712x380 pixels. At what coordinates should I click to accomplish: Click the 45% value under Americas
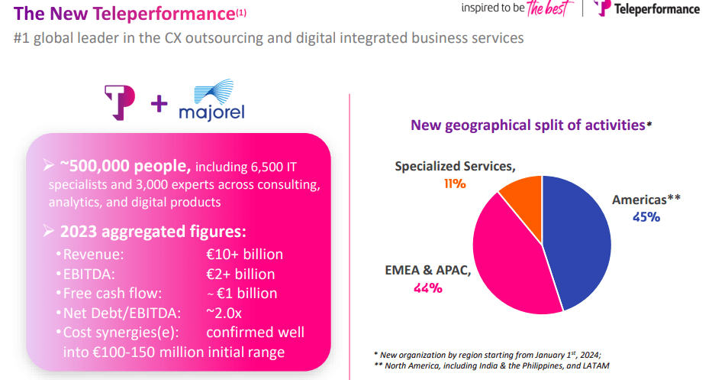646,216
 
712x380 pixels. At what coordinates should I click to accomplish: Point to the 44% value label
428,287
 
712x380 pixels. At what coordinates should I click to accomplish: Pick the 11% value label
455,184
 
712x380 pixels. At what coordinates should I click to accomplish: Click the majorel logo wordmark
211,113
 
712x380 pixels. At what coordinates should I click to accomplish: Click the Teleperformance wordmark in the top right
657,9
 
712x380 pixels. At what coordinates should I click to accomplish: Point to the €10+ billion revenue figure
244,255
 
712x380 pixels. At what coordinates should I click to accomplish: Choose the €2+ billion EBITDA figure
240,274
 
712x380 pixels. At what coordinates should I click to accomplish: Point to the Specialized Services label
455,166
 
